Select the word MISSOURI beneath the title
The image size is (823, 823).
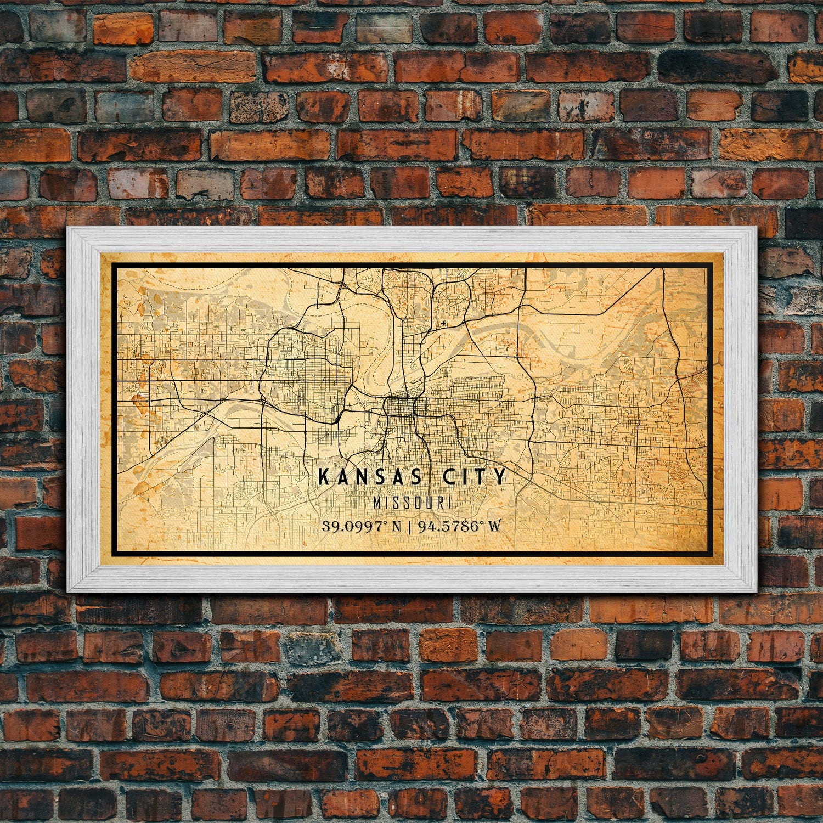412,502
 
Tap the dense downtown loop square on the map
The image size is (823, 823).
400,407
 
